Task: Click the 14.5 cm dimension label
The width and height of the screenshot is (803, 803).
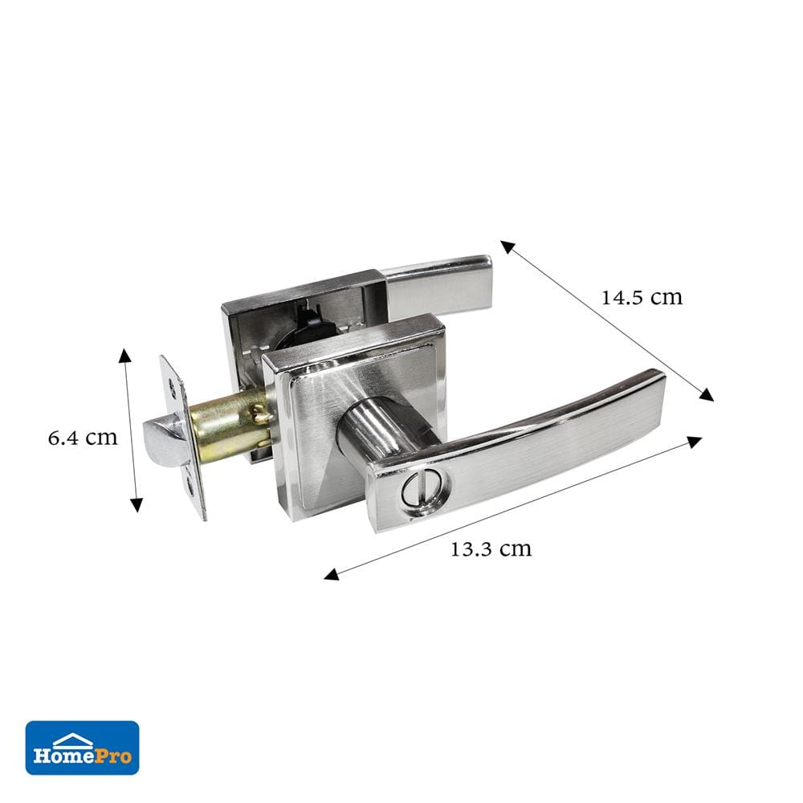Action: click(x=641, y=298)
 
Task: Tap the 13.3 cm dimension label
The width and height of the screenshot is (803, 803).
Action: click(x=491, y=549)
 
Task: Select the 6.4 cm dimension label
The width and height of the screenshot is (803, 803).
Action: click(x=83, y=438)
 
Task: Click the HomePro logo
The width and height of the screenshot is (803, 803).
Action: click(x=82, y=748)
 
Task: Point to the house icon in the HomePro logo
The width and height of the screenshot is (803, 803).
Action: click(x=73, y=740)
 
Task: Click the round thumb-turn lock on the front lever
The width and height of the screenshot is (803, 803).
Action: click(x=426, y=488)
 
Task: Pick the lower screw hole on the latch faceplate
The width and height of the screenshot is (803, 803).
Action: click(x=190, y=485)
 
